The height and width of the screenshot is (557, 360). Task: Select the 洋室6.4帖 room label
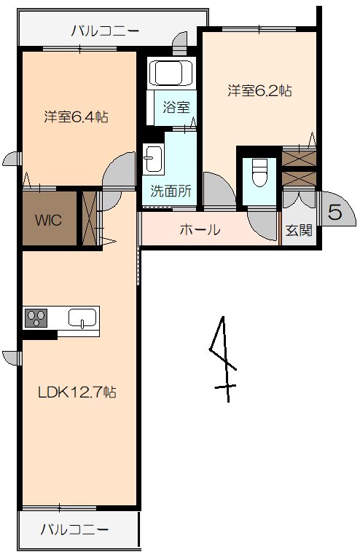click(x=76, y=116)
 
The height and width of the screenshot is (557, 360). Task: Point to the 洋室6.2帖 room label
click(x=259, y=91)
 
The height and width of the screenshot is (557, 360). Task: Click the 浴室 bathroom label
click(x=176, y=106)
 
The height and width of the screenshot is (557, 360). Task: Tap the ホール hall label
click(x=200, y=230)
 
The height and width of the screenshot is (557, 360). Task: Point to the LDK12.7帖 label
click(x=77, y=392)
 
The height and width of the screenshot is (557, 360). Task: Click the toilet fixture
click(x=259, y=173)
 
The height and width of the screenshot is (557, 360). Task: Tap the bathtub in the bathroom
click(x=169, y=74)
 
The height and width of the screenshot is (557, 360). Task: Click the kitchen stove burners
click(x=36, y=317)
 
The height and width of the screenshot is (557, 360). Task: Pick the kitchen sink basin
click(x=82, y=318)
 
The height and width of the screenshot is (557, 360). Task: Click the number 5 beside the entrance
click(x=335, y=213)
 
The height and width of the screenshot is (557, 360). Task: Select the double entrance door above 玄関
click(x=299, y=197)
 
